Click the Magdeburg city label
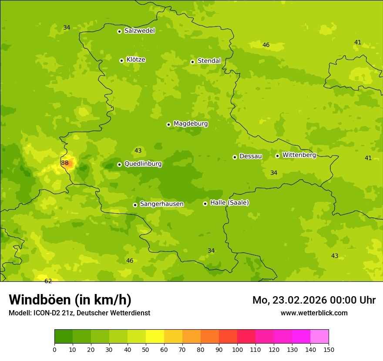pyautogui.click(x=191, y=124)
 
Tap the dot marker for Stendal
pyautogui.click(x=192, y=62)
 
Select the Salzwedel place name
pyautogui.click(x=139, y=31)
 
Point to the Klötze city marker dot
pyautogui.click(x=121, y=60)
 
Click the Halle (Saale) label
pyautogui.click(x=229, y=203)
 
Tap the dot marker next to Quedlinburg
pyautogui.click(x=119, y=164)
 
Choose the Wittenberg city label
pyautogui.click(x=299, y=155)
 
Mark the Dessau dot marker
pyautogui.click(x=235, y=157)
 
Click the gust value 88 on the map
pyautogui.click(x=65, y=163)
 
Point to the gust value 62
pyautogui.click(x=48, y=281)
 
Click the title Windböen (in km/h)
pyautogui.click(x=70, y=300)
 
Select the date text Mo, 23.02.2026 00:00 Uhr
pyautogui.click(x=314, y=300)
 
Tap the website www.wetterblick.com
pyautogui.click(x=314, y=313)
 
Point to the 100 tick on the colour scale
pyautogui.click(x=237, y=349)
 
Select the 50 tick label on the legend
pyautogui.click(x=146, y=349)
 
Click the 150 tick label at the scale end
pyautogui.click(x=329, y=349)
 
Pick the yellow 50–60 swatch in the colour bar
pyautogui.click(x=155, y=337)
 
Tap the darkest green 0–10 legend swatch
pyautogui.click(x=64, y=337)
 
